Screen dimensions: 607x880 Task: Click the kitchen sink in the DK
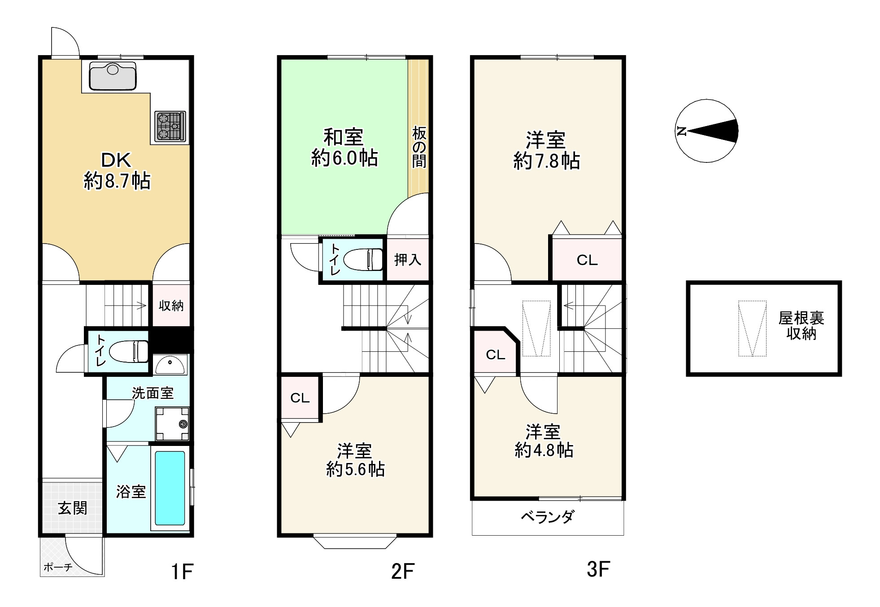[x=113, y=76]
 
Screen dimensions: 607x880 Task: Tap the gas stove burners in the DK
[x=170, y=126]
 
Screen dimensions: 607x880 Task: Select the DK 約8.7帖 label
[x=117, y=171]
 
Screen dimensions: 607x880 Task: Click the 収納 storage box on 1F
[x=171, y=306]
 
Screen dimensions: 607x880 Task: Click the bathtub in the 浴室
[x=170, y=488]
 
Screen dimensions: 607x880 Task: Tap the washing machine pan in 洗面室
[x=172, y=424]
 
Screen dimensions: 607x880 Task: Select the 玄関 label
[x=72, y=508]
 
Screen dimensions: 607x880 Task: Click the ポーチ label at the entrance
[x=58, y=567]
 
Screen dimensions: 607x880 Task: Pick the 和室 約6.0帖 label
[x=344, y=148]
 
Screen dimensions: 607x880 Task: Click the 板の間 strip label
[x=419, y=147]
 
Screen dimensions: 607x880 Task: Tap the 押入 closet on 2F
[x=407, y=260]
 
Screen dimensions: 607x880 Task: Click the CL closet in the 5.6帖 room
[x=300, y=398]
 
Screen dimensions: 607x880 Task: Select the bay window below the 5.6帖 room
[x=355, y=541]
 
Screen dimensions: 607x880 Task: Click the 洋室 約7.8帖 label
[x=546, y=150]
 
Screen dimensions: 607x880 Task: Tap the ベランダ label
[x=547, y=517]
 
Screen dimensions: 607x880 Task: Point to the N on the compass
[x=682, y=131]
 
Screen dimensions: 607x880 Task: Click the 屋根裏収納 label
[x=801, y=326]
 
